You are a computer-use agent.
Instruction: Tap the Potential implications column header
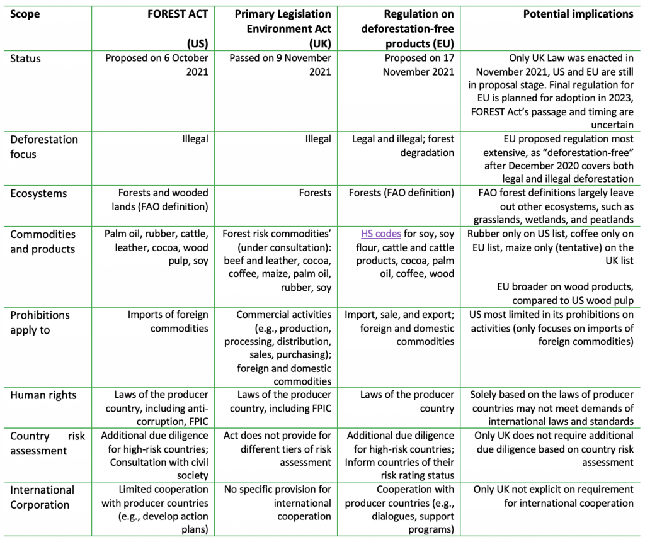click(x=578, y=14)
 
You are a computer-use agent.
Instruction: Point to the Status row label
click(x=25, y=59)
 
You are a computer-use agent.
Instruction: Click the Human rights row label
click(x=43, y=395)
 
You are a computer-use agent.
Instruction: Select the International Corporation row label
click(x=42, y=497)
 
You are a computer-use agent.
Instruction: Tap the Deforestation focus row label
click(x=44, y=146)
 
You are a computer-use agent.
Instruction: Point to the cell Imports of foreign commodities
click(x=168, y=321)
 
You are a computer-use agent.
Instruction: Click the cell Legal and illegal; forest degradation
click(x=403, y=145)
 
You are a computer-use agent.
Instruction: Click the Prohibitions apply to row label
click(x=40, y=322)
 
